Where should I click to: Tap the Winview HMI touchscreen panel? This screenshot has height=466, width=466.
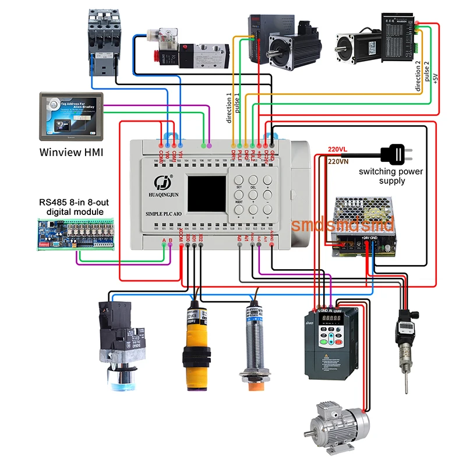click(70, 116)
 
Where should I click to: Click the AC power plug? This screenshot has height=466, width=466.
click(396, 154)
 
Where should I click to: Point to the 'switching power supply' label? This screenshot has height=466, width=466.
click(391, 176)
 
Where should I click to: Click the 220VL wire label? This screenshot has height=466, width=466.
click(337, 149)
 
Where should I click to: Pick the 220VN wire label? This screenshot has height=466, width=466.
click(338, 161)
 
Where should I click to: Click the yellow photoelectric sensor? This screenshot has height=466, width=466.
click(195, 343)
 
